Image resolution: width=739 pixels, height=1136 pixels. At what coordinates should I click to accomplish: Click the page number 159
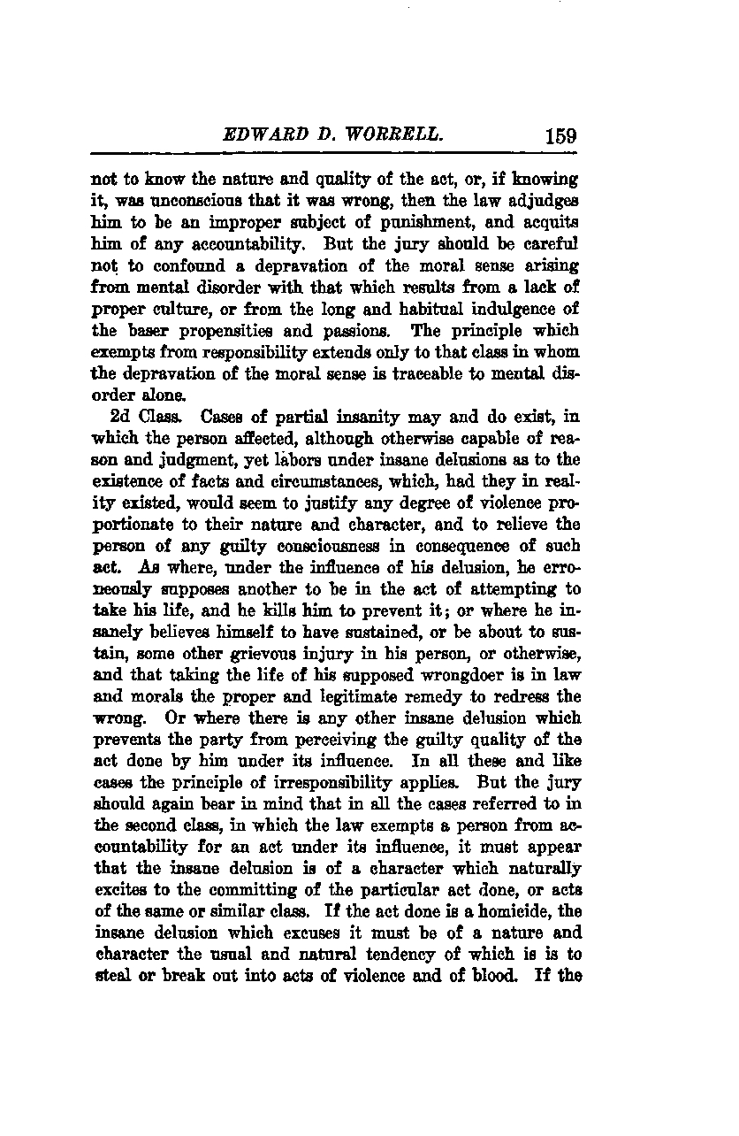(x=561, y=136)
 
